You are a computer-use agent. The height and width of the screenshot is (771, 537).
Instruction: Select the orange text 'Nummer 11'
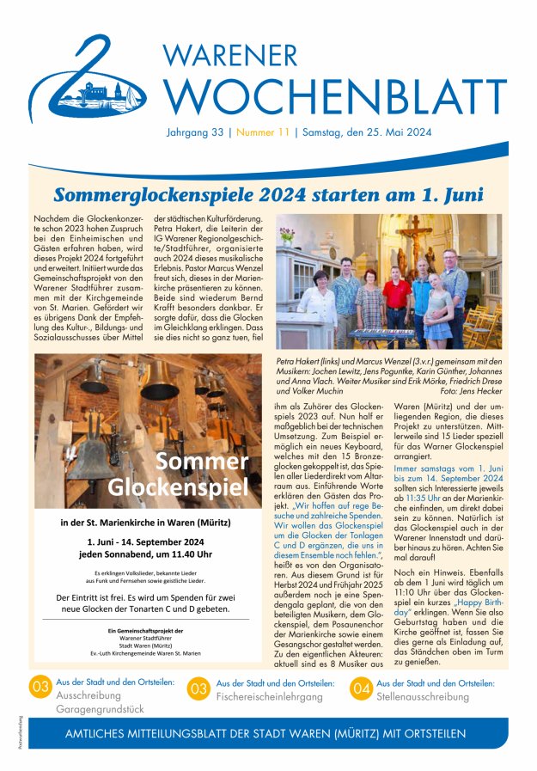tap(263, 133)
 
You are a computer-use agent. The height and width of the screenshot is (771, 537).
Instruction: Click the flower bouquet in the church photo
tap(287, 234)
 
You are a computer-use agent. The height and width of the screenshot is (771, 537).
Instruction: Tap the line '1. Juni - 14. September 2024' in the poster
tap(144, 542)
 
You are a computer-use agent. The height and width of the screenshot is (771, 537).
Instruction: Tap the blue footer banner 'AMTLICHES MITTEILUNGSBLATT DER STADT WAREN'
tap(266, 734)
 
